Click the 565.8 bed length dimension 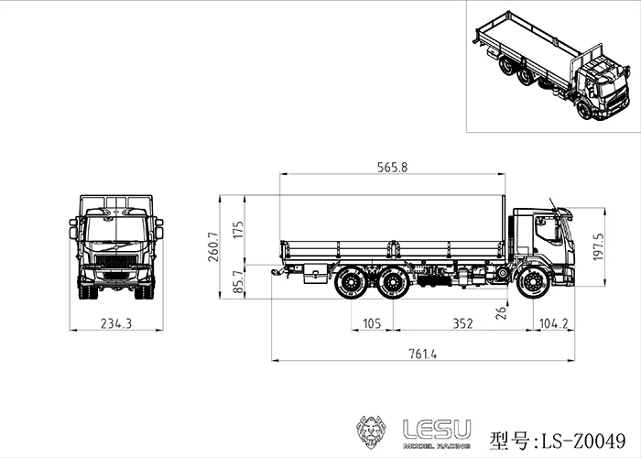pos(392,167)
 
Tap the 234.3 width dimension pos(116,323)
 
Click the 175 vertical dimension pos(239,228)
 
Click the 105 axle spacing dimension pos(372,323)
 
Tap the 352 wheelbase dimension pos(462,323)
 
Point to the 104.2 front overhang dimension pos(554,323)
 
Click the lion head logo pos(374,431)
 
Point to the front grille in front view pos(115,261)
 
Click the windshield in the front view pos(115,228)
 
